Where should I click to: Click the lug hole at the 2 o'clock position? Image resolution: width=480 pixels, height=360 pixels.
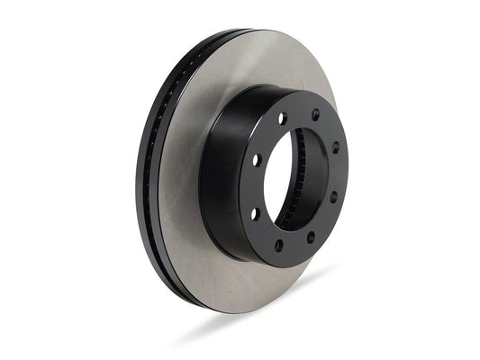(x=335, y=147)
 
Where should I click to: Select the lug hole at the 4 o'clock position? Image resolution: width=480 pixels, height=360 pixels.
(x=332, y=195)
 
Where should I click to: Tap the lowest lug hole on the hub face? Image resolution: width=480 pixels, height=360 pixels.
(x=278, y=245)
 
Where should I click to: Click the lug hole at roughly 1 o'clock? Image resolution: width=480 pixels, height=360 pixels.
(x=315, y=115)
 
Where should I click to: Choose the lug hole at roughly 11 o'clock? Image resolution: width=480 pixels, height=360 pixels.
(x=282, y=118)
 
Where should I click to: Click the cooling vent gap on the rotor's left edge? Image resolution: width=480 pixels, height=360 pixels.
(x=152, y=180)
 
